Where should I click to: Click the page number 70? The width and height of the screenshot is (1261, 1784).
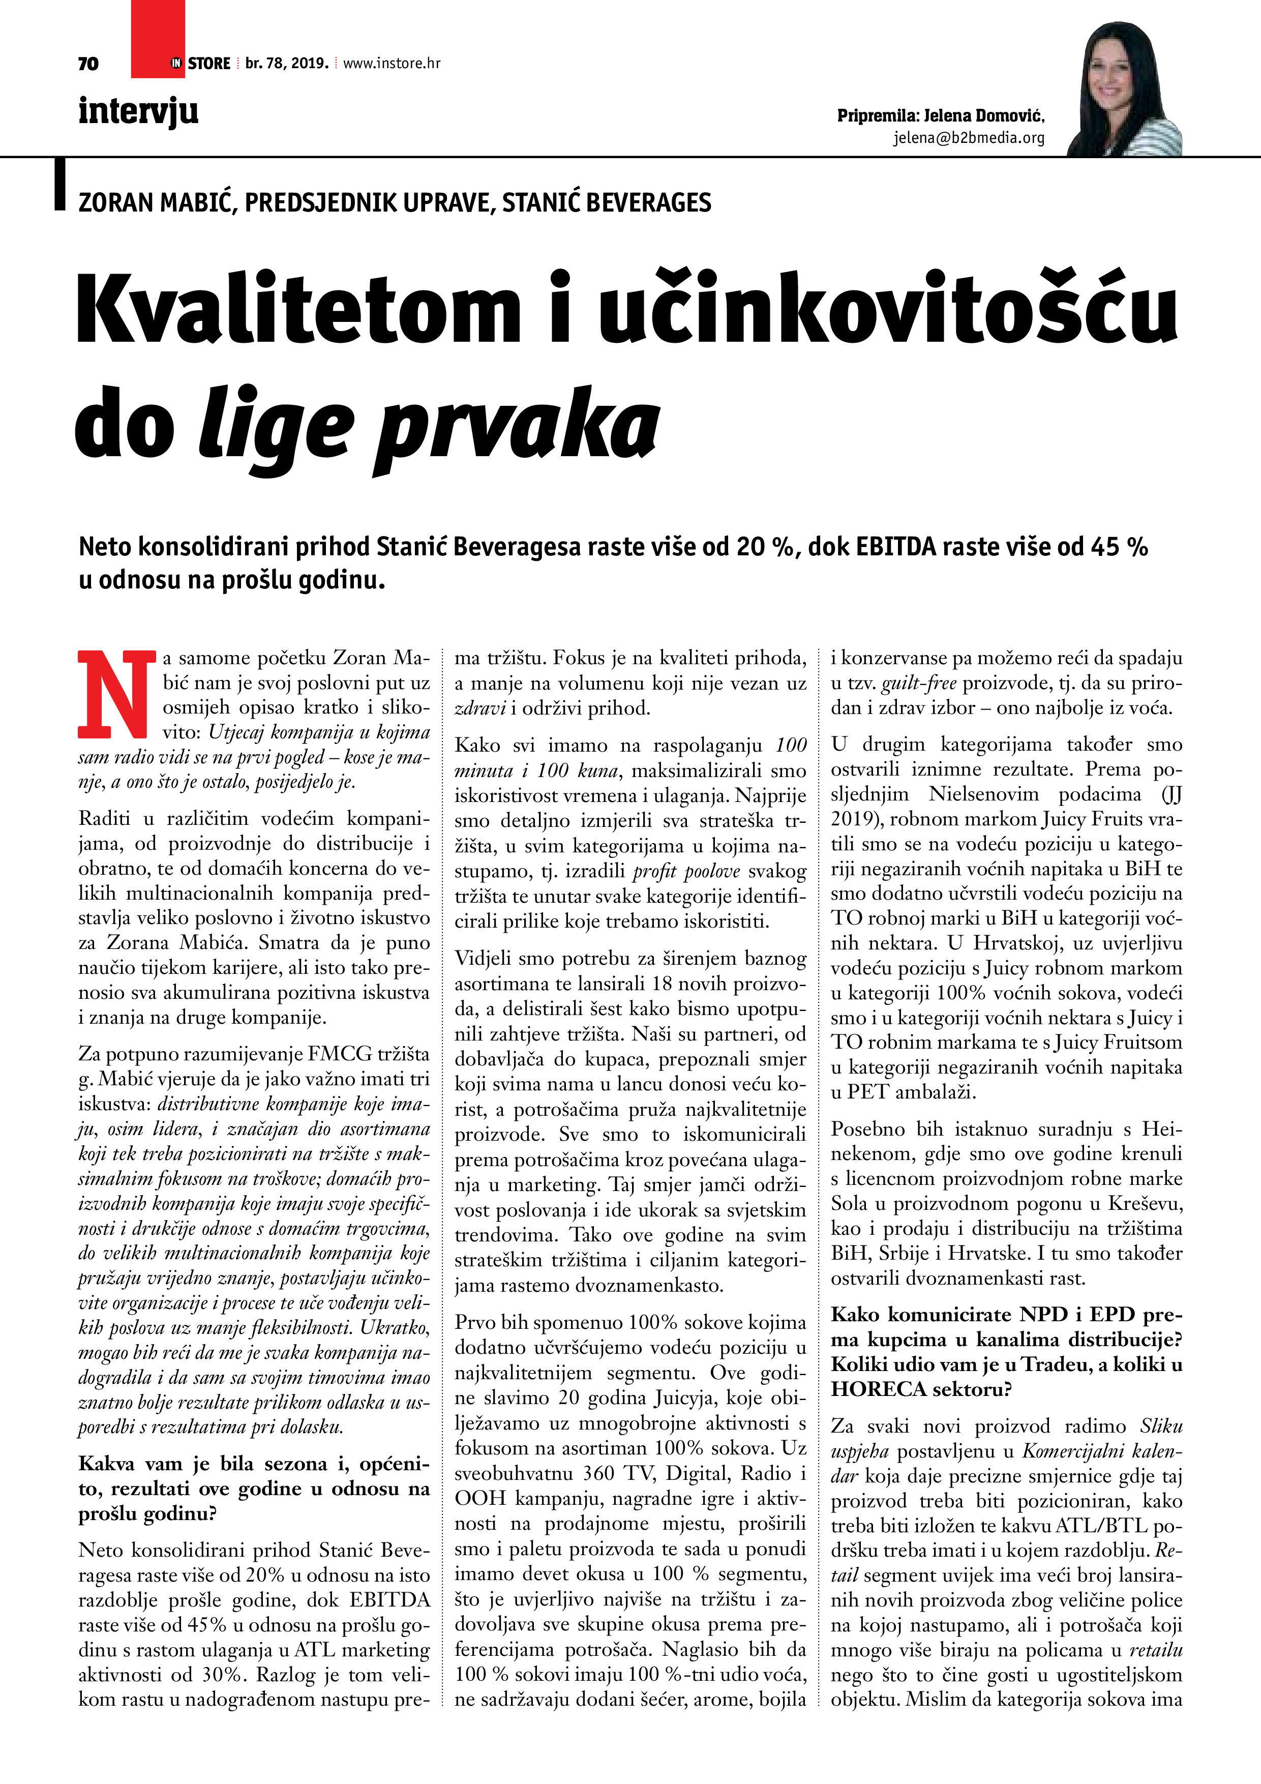tap(88, 64)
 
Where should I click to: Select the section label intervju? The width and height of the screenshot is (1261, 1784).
tap(138, 111)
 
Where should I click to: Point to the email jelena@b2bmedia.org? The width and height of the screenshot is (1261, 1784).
tap(968, 138)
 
